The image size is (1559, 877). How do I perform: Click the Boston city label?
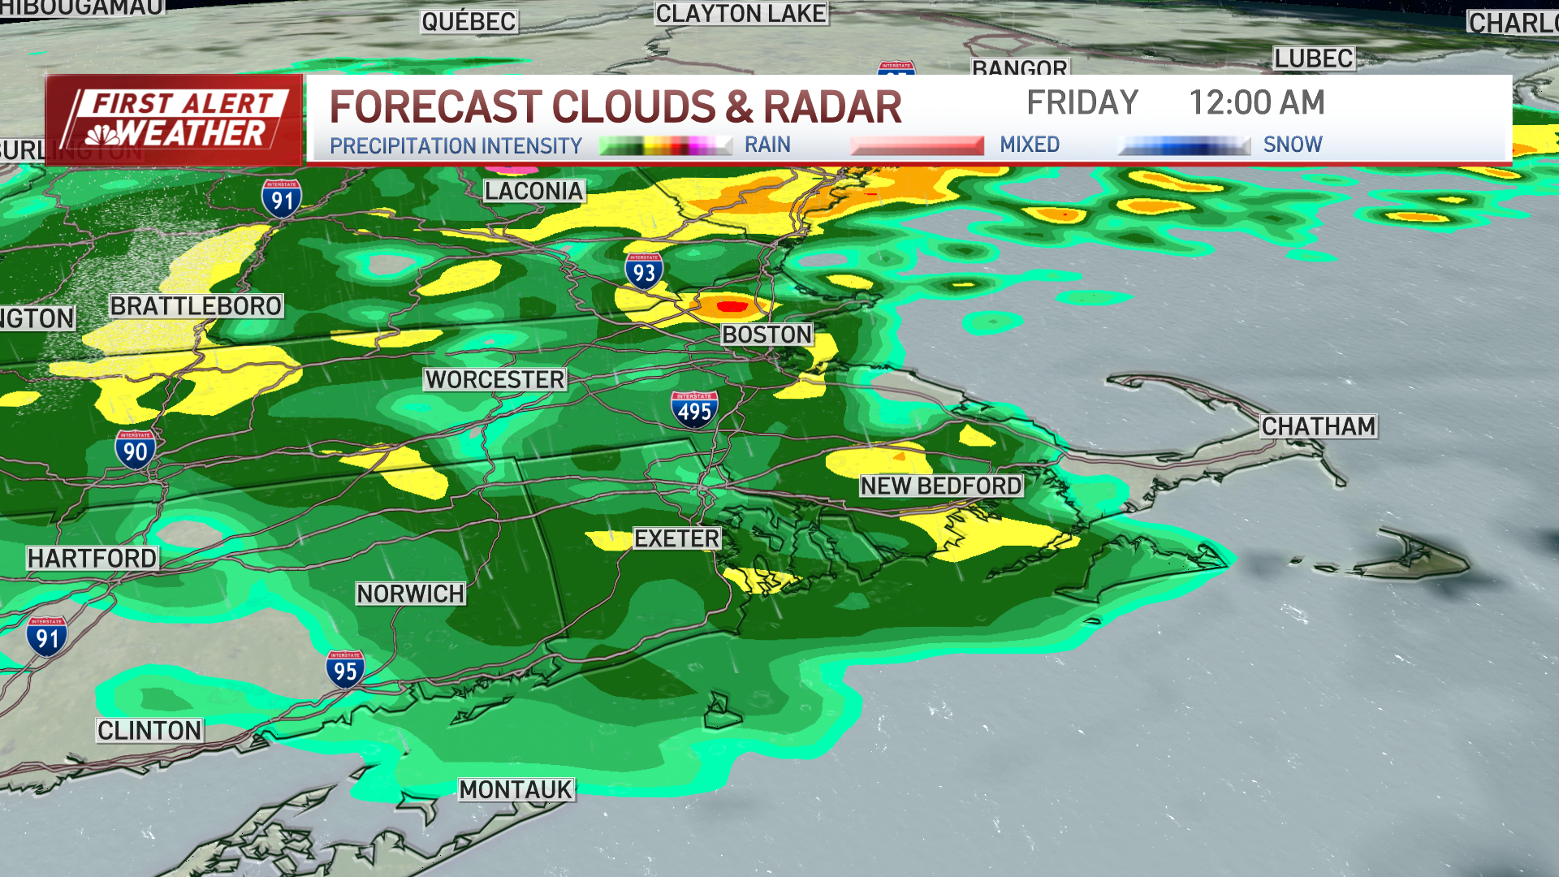tap(767, 335)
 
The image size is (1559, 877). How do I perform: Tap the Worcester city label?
tap(494, 379)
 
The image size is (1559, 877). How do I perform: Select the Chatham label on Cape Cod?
tap(1318, 426)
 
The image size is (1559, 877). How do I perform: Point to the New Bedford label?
tap(941, 486)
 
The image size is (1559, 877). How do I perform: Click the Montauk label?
tap(516, 789)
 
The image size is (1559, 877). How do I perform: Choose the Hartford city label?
tap(93, 558)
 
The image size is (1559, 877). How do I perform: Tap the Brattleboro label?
tap(196, 306)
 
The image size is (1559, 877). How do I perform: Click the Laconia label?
tap(534, 191)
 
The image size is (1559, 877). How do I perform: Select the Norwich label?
tap(411, 594)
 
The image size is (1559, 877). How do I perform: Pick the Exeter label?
tap(676, 538)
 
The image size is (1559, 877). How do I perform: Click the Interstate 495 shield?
tap(694, 409)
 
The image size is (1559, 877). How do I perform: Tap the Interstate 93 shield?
tap(644, 270)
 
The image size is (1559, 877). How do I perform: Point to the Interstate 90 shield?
tap(135, 449)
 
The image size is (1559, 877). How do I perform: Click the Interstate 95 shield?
tap(345, 669)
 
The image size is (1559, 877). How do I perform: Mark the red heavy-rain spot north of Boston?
tap(732, 306)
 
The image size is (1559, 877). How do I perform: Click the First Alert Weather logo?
tap(175, 119)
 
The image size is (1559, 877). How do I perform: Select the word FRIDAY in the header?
tap(1082, 103)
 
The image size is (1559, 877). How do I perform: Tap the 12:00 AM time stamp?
tap(1256, 103)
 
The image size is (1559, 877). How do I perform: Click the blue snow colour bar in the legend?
tap(1183, 146)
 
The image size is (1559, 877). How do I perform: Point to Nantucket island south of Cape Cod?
tap(1417, 559)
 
